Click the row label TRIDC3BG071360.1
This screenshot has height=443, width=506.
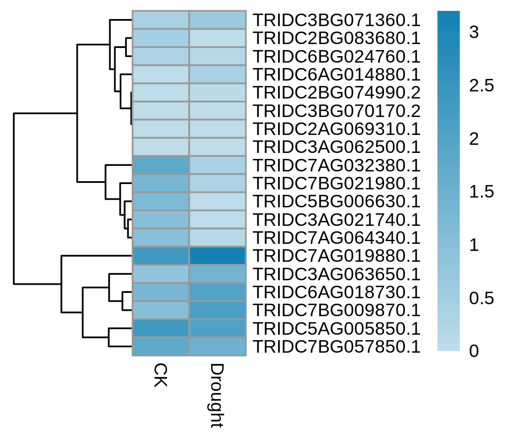click(336, 20)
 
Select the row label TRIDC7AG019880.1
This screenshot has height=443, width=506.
click(336, 256)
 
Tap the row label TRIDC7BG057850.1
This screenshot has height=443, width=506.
click(336, 347)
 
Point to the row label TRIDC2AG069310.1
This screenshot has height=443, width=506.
click(336, 129)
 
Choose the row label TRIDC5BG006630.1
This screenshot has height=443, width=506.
click(336, 201)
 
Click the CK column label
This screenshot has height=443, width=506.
click(161, 374)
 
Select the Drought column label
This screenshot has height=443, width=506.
click(217, 396)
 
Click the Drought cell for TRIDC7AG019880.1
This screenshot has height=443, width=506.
click(218, 256)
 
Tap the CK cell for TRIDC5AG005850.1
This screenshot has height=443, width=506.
click(161, 328)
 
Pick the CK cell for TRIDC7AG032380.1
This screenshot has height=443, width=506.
click(161, 165)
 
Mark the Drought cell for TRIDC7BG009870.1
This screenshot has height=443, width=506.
click(218, 310)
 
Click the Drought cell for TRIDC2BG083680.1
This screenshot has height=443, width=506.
click(218, 38)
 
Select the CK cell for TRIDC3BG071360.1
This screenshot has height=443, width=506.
click(161, 20)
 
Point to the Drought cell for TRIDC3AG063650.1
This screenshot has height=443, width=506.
click(218, 274)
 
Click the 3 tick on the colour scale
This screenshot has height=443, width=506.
click(474, 32)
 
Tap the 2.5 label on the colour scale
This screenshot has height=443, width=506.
click(482, 85)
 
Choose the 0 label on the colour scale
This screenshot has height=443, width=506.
click(474, 351)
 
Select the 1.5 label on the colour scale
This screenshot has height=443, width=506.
click(482, 192)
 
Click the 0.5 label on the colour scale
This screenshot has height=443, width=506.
click(482, 298)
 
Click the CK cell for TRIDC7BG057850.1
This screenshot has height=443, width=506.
click(161, 347)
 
